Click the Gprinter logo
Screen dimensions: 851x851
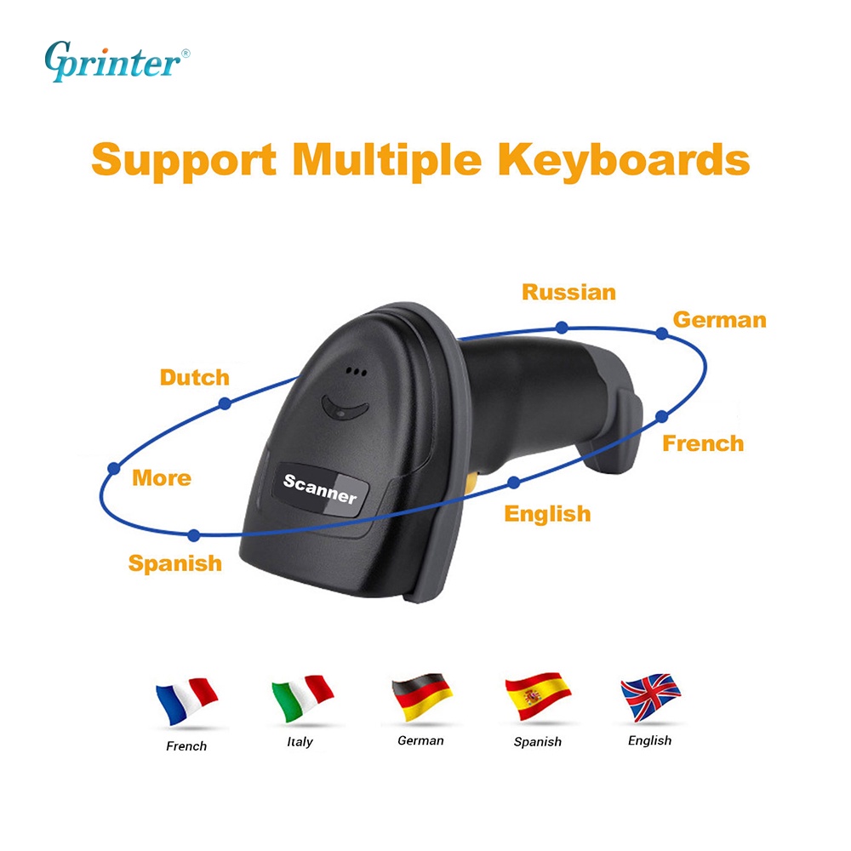point(117,61)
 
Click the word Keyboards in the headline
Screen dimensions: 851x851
point(624,161)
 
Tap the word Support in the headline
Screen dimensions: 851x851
point(184,161)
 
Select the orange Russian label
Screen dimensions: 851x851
point(568,292)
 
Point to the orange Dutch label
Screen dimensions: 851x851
point(195,377)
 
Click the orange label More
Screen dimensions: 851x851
point(162,478)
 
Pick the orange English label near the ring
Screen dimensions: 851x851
point(547,514)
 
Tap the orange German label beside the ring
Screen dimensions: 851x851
point(720,320)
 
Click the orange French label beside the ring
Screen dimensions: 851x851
point(703,443)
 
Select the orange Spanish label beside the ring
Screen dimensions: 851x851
point(174,563)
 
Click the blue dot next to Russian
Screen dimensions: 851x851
point(562,328)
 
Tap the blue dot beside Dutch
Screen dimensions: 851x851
point(225,403)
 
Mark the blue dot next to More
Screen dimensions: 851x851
point(114,468)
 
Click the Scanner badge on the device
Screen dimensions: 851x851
point(320,488)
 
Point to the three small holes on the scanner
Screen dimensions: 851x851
point(356,372)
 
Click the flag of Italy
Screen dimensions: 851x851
point(302,698)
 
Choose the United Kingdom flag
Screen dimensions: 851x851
point(651,697)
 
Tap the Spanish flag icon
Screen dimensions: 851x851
point(538,696)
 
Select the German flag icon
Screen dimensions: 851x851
point(422,697)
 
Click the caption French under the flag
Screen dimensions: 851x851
point(186,746)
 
